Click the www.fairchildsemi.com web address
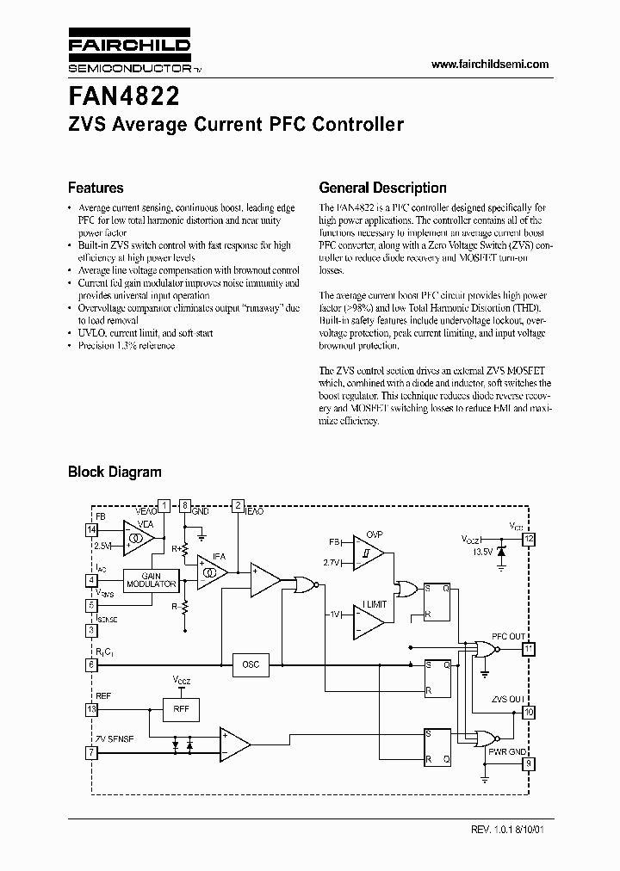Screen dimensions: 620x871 pos(489,65)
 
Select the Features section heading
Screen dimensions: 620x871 pos(96,188)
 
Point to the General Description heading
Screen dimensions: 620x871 pos(382,188)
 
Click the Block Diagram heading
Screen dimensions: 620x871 pos(115,472)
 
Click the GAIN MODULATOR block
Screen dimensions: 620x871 pos(151,580)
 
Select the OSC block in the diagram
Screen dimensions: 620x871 pos(251,664)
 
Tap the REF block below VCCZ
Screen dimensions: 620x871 pos(181,709)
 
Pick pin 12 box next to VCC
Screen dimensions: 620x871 pos(530,539)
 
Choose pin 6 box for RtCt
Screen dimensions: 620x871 pos(91,664)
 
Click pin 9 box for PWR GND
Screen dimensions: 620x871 pos(530,762)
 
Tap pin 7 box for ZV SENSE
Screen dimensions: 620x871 pos(91,752)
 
